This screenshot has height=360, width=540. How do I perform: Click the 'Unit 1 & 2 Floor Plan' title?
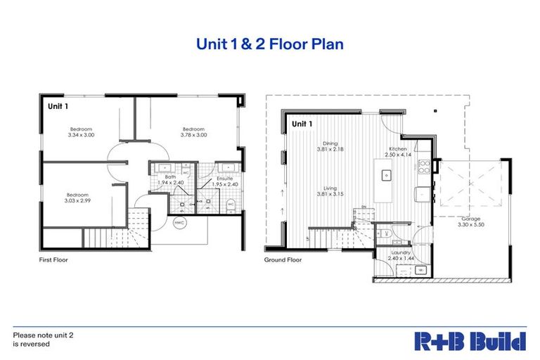pyautogui.click(x=270, y=44)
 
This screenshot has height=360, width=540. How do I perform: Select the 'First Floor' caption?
pyautogui.click(x=53, y=259)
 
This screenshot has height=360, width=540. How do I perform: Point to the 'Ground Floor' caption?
pyautogui.click(x=283, y=259)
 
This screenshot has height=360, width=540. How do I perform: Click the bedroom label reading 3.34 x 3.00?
pyautogui.click(x=81, y=131)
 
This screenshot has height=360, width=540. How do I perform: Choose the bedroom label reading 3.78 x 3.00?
pyautogui.click(x=193, y=131)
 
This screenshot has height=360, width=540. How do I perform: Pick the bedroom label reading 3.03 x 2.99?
pyautogui.click(x=77, y=198)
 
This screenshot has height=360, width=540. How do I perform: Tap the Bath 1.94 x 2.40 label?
pyautogui.click(x=170, y=180)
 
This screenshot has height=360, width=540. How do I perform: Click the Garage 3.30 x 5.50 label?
pyautogui.click(x=470, y=221)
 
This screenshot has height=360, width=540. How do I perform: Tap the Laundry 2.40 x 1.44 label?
pyautogui.click(x=401, y=255)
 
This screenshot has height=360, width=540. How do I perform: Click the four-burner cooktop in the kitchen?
pyautogui.click(x=425, y=166)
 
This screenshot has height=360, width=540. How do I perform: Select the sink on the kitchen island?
pyautogui.click(x=386, y=174)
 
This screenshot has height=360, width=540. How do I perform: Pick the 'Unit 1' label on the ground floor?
pyautogui.click(x=302, y=124)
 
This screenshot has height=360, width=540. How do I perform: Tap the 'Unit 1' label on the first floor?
pyautogui.click(x=58, y=106)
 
